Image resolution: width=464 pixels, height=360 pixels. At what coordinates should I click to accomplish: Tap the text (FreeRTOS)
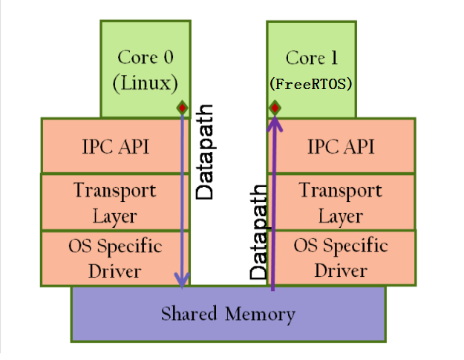click(310, 84)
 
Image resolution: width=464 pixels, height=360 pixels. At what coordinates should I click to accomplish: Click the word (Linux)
click(145, 82)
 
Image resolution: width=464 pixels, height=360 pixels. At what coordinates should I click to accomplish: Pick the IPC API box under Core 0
click(115, 146)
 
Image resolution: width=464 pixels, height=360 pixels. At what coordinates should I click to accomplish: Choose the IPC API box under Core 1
click(341, 146)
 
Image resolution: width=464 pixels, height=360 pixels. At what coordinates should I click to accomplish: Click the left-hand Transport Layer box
click(115, 203)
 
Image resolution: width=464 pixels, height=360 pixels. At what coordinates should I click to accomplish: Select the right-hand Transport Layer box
click(341, 203)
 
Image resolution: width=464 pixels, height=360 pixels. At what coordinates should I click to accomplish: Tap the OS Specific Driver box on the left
click(115, 258)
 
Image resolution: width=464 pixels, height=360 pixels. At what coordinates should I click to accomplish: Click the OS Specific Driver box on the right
click(341, 258)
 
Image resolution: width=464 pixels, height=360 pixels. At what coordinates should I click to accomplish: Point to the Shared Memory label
click(228, 314)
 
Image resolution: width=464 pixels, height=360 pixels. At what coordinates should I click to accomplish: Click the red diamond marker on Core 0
click(182, 108)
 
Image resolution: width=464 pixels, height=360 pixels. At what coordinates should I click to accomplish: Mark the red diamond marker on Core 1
click(275, 109)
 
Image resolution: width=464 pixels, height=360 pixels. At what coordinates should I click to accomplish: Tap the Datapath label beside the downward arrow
click(205, 151)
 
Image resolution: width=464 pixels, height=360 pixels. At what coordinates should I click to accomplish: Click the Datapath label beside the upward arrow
click(258, 232)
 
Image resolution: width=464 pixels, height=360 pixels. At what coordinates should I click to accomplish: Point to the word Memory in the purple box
click(261, 314)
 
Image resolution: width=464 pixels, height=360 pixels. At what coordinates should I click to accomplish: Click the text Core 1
click(310, 58)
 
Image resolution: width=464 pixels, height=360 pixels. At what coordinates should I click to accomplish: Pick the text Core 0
click(145, 57)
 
